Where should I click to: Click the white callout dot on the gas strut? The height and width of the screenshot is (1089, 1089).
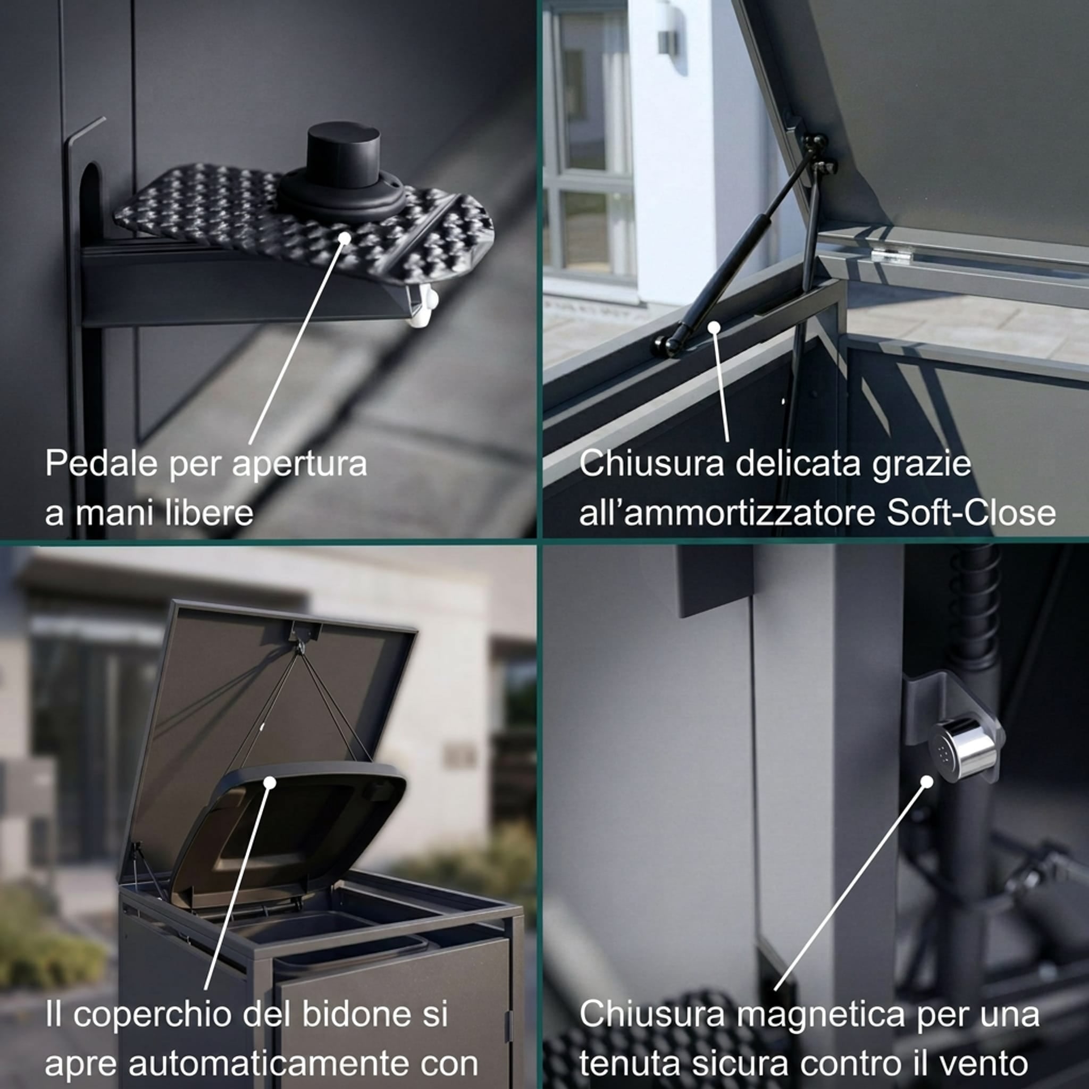coord(714,327)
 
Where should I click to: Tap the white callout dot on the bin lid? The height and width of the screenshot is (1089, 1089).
coord(270,782)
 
